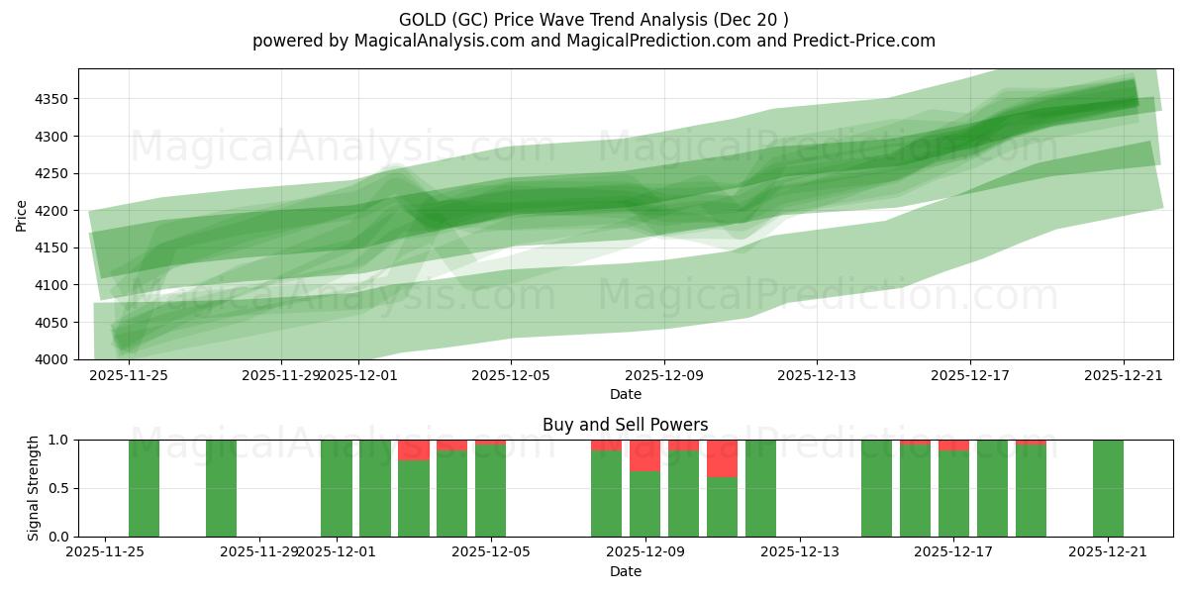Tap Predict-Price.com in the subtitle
[x=859, y=41]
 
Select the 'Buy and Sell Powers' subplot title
[x=625, y=425]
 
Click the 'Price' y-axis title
[x=22, y=214]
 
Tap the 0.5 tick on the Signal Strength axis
[x=58, y=488]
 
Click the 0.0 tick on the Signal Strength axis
[x=58, y=537]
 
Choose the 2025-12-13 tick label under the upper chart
[x=817, y=375]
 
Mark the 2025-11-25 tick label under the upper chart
[x=129, y=375]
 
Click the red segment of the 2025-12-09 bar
[x=644, y=455]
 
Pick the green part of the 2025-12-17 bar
[x=953, y=494]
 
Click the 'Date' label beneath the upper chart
[x=625, y=394]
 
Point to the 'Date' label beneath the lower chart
[x=625, y=571]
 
